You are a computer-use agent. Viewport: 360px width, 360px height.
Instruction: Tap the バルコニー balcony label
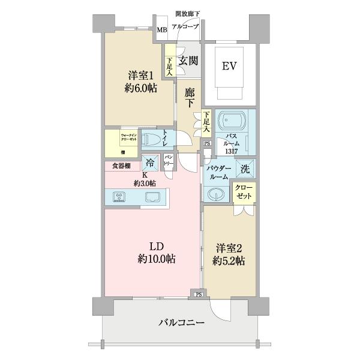coord(181,323)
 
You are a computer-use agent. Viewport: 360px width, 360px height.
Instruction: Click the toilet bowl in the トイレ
coord(155,140)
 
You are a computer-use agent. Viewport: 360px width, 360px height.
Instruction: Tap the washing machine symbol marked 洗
coord(245,169)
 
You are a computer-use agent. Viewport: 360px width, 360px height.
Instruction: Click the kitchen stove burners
coord(118,197)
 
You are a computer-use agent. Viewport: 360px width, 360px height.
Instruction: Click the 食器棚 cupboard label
coord(122,166)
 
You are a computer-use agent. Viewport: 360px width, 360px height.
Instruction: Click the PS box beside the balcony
coord(197,293)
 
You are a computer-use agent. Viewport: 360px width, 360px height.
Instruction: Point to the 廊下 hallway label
coord(190,98)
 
